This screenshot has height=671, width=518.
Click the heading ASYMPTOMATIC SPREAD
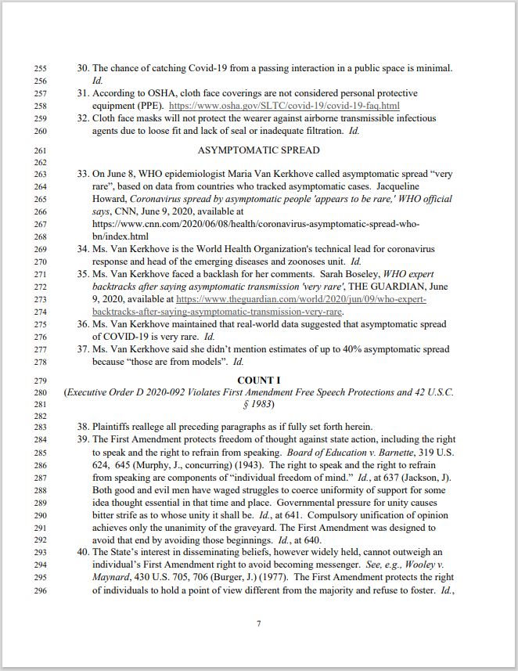tap(258, 150)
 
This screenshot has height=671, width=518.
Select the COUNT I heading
tap(258, 381)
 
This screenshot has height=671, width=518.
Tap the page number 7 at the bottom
tap(258, 623)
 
